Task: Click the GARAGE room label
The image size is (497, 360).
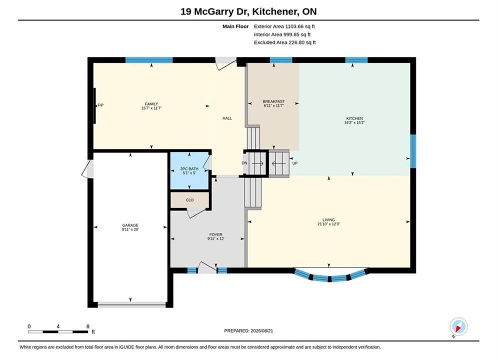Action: coord(130,225)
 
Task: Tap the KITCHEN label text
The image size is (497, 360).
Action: coord(354,118)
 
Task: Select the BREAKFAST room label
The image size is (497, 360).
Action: coord(273,101)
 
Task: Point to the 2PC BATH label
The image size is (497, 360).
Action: coord(189,169)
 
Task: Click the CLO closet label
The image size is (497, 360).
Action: coord(189,200)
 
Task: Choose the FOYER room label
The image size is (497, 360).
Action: coord(215,234)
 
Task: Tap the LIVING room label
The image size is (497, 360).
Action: coord(328,219)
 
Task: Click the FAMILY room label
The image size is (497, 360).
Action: coord(151,104)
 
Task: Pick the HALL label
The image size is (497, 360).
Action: coord(227,118)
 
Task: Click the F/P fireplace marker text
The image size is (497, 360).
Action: coord(100,105)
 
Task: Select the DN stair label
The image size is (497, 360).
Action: coord(244,163)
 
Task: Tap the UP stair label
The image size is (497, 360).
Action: coord(295,163)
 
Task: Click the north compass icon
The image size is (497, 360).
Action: coord(458,326)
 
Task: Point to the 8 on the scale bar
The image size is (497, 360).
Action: coord(88,326)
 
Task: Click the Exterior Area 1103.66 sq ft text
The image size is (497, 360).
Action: coord(284,26)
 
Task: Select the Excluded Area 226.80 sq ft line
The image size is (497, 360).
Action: coord(284,42)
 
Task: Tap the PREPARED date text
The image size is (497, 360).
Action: coord(248,330)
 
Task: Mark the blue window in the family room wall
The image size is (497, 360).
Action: coord(149,60)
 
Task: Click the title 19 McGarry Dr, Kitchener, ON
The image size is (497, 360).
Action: coord(248,11)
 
